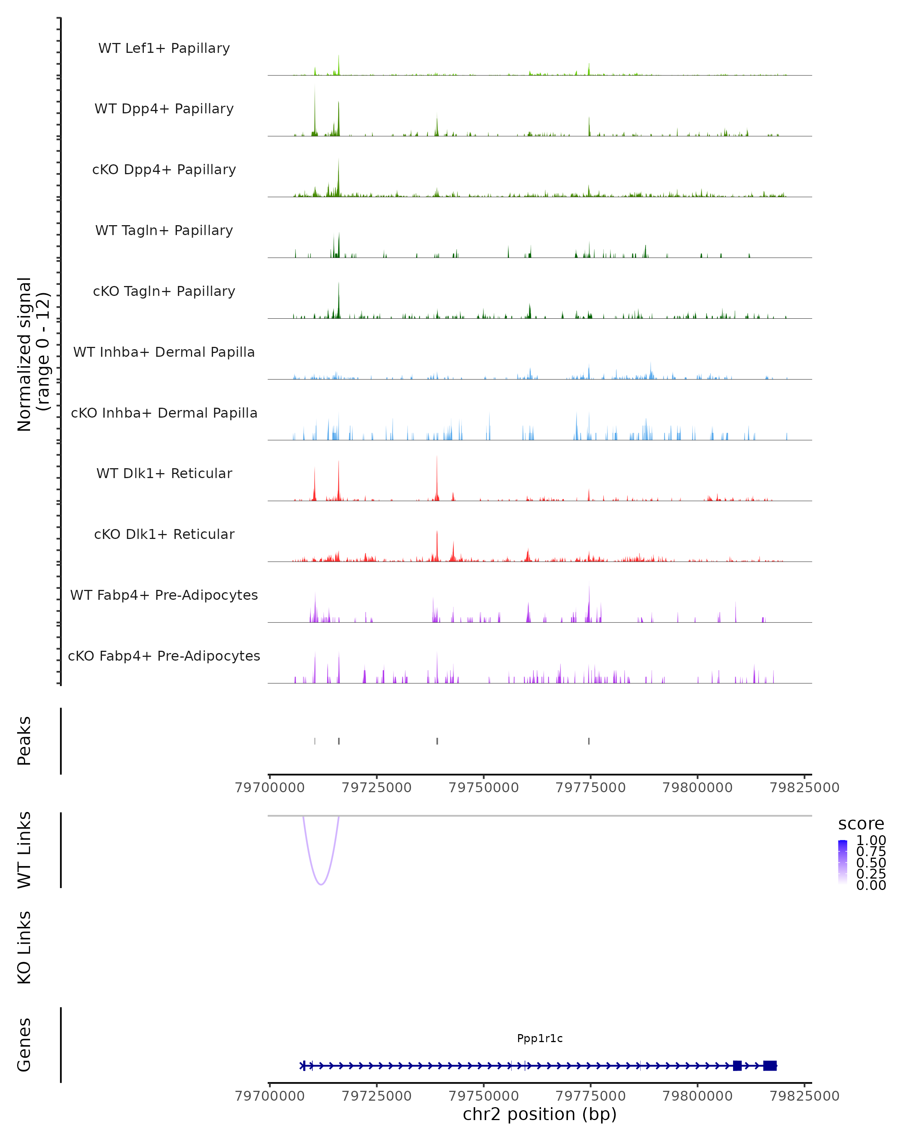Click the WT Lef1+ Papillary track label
click(164, 48)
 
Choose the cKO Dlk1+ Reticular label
click(164, 534)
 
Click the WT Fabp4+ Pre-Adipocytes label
click(164, 595)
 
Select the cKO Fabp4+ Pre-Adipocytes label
click(164, 656)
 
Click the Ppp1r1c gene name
click(540, 1038)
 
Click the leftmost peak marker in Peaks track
click(315, 741)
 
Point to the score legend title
click(861, 824)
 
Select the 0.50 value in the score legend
click(871, 862)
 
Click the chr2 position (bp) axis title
click(540, 1114)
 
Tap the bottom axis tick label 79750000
click(484, 1096)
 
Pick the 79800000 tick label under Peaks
click(698, 788)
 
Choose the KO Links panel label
click(24, 948)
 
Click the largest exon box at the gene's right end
click(770, 1065)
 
